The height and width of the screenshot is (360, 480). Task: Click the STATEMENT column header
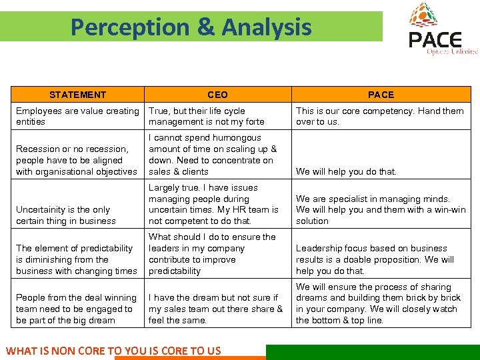[x=77, y=95]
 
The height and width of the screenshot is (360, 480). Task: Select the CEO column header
[x=217, y=95]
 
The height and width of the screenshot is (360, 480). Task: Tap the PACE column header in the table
[x=381, y=95]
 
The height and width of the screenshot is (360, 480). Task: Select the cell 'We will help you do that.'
[x=346, y=171]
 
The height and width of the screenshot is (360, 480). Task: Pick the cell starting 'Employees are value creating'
[x=77, y=116]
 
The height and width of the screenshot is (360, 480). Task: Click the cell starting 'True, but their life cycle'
[x=207, y=116]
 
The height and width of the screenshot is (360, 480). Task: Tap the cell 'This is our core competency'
[x=379, y=116]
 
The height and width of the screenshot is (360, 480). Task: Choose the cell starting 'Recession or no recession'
[x=76, y=160]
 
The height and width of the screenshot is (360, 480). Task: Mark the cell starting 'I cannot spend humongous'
[x=213, y=155]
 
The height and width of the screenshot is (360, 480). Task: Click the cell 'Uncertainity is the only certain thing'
[x=66, y=215]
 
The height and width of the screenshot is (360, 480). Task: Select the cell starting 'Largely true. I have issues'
[x=213, y=204]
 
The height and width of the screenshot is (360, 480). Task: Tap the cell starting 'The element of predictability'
[x=76, y=259]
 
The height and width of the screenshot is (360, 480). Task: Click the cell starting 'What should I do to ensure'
[x=212, y=254]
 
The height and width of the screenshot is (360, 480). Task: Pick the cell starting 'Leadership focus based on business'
[x=375, y=259]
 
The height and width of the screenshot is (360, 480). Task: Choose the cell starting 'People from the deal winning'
[x=76, y=309]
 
